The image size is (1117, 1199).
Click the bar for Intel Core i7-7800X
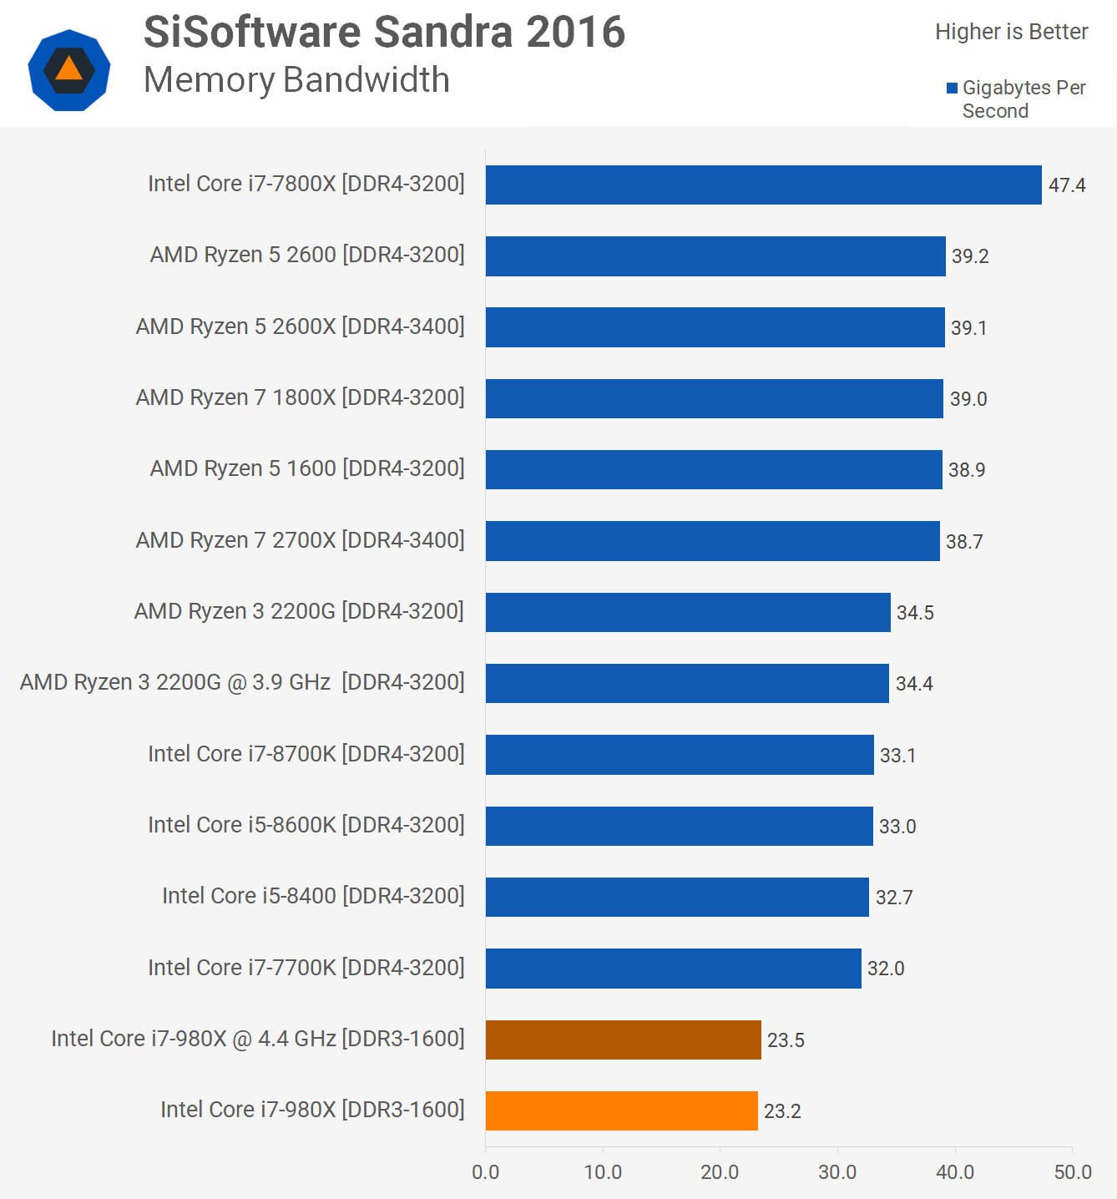click(x=763, y=185)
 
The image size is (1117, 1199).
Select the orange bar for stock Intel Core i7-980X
click(x=621, y=1110)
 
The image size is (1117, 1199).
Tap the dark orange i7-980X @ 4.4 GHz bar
click(x=623, y=1040)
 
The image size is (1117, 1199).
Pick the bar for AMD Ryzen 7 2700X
click(x=712, y=541)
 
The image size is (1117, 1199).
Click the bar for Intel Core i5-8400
click(x=677, y=897)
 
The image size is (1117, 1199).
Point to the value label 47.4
click(x=1067, y=185)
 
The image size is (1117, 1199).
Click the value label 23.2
click(x=782, y=1111)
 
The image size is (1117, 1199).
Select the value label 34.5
click(x=915, y=613)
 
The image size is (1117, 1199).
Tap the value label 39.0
click(x=968, y=399)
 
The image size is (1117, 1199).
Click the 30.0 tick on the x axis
click(x=837, y=1172)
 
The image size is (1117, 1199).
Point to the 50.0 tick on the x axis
click(x=1073, y=1172)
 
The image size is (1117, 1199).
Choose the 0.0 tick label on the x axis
click(x=485, y=1172)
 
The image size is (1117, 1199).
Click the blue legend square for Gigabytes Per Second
click(x=952, y=89)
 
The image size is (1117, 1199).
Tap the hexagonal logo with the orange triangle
click(x=69, y=70)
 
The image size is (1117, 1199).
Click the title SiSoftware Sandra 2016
click(x=384, y=33)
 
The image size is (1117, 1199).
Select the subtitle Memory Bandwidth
click(x=296, y=80)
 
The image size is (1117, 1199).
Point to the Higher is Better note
click(x=1011, y=32)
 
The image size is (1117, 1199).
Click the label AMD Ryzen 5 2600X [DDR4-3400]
click(x=300, y=326)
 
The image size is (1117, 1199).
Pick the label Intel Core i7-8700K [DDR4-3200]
click(x=306, y=754)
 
